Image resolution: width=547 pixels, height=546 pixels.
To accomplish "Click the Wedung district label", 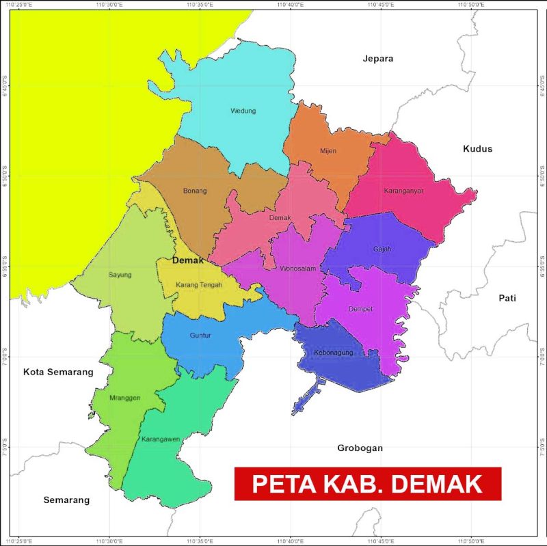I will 243,111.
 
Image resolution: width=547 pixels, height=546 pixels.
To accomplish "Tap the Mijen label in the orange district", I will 328,151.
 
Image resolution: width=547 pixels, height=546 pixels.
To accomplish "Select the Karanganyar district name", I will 403,191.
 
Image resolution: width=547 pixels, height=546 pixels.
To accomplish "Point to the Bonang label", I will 195,191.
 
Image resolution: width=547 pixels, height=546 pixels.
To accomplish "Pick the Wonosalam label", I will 298,269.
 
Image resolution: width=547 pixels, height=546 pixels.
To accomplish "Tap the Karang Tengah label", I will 199,284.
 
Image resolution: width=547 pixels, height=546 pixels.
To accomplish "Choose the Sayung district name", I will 120,275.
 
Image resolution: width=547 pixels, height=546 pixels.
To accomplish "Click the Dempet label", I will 362,309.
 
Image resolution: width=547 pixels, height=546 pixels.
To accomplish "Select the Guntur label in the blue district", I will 200,336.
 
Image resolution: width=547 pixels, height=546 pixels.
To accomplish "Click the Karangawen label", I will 161,439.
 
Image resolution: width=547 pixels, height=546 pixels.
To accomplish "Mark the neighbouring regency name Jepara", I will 378,59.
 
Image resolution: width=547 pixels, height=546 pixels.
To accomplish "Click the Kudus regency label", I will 477,148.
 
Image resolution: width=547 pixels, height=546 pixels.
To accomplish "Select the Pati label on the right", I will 507,298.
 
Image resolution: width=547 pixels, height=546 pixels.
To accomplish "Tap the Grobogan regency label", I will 360,448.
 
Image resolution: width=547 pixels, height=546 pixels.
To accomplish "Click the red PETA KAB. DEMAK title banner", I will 368,484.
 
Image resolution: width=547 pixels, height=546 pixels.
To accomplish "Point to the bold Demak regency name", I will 189,260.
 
